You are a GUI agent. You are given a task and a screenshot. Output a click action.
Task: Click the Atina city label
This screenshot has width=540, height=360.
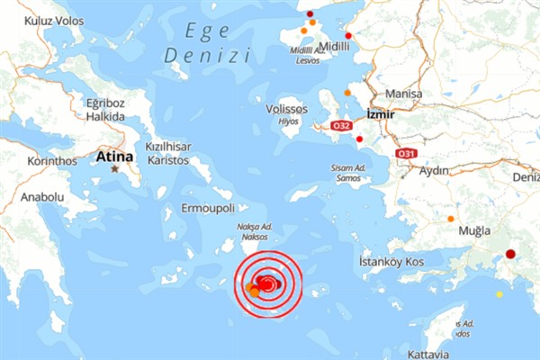(x=114, y=157)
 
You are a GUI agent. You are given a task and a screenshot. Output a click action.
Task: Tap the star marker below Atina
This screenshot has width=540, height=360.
(x=115, y=168)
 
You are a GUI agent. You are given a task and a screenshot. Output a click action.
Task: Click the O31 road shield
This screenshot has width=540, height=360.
(x=407, y=154)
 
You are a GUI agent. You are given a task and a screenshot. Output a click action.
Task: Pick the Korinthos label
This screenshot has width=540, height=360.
(x=31, y=161)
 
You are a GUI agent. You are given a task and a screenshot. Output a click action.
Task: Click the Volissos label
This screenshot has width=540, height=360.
(x=287, y=109)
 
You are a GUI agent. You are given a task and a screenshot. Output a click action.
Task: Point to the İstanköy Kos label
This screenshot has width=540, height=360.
(x=391, y=261)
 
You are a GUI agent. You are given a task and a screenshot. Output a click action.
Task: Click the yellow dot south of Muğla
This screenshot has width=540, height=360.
(x=499, y=293)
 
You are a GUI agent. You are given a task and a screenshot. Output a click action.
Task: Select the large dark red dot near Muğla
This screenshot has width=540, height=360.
(x=510, y=255)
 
